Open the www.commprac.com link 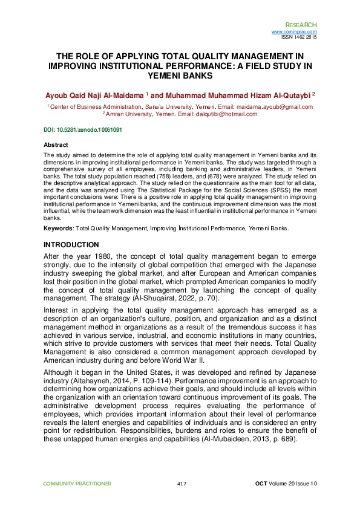294,31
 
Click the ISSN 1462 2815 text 299,37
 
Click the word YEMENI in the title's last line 180,76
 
